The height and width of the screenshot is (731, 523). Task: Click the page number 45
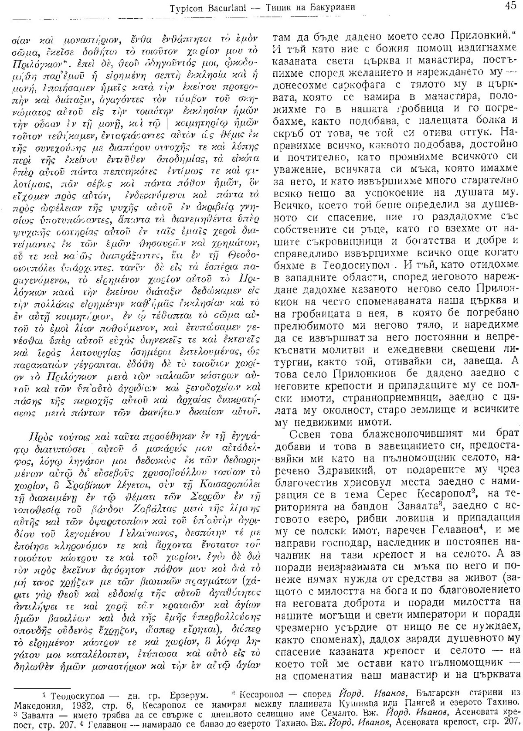pyautogui.click(x=508, y=6)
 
